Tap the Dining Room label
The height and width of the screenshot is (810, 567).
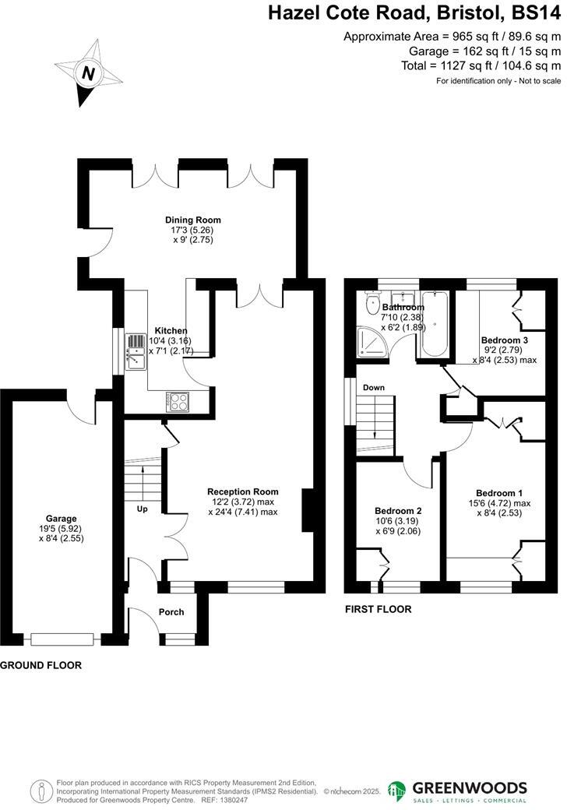(188, 220)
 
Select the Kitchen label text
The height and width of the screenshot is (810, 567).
(171, 330)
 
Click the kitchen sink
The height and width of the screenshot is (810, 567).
(133, 361)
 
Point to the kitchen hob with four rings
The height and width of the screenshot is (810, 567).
(178, 402)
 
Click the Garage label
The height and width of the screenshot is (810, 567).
(61, 518)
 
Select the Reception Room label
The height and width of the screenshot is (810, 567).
(242, 491)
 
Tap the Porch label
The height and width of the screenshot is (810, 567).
(171, 612)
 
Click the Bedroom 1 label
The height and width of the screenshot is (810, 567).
(499, 493)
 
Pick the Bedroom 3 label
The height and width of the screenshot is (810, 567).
(505, 340)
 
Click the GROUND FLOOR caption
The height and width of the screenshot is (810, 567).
(40, 666)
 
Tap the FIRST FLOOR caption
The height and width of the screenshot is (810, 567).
(378, 609)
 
